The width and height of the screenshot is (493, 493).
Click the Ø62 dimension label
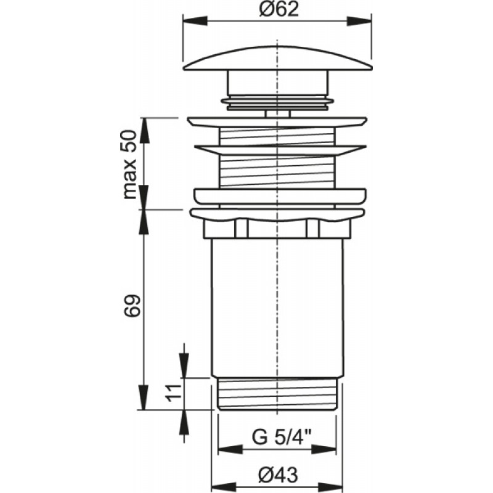tap(279, 9)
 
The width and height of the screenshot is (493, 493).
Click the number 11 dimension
tap(173, 393)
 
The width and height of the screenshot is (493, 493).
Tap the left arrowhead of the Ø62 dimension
tap(195, 22)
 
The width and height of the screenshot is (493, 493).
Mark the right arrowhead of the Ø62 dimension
tap(359, 22)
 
